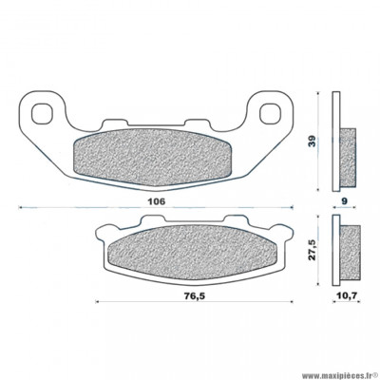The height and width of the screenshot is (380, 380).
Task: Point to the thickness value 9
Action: tap(345, 202)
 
